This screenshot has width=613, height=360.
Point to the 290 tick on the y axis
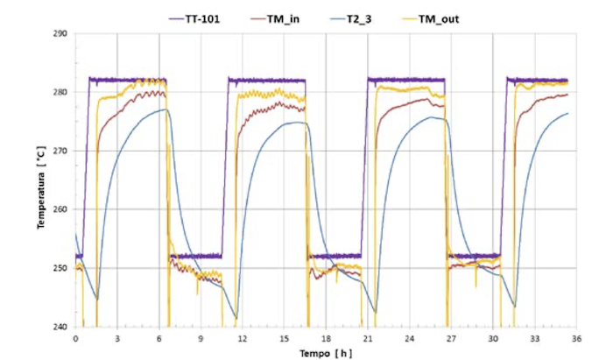(60, 34)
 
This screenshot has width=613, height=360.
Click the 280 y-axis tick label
(60, 92)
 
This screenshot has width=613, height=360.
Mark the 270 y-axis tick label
(60, 151)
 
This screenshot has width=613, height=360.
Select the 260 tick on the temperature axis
(60, 209)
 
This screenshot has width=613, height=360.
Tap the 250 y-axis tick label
(60, 268)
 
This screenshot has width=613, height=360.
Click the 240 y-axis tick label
(60, 327)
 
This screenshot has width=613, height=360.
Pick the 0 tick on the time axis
(75, 338)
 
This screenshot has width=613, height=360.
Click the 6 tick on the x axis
(159, 338)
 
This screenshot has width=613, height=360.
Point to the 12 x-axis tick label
(243, 338)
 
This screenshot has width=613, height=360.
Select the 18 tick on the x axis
(326, 338)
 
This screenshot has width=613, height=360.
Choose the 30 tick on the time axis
(493, 338)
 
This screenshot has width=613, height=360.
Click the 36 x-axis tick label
(577, 338)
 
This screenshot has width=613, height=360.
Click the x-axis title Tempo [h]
(326, 352)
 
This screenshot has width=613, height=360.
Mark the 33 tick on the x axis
(535, 338)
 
